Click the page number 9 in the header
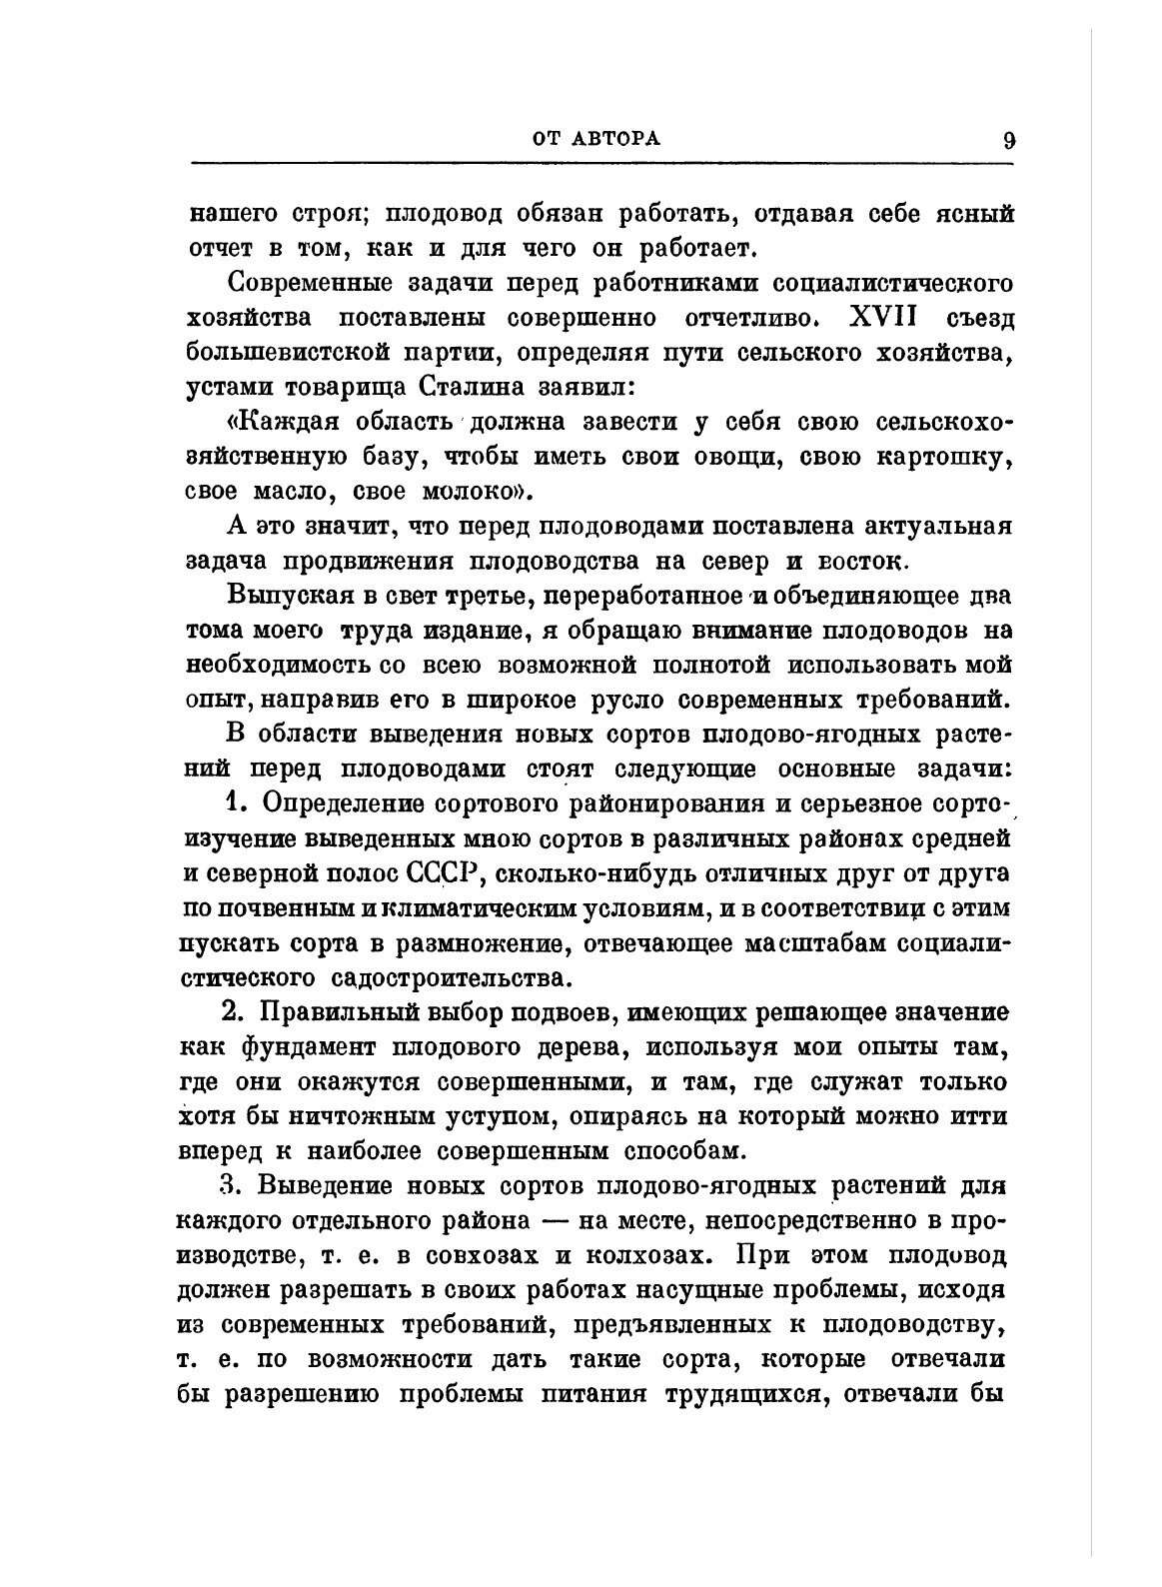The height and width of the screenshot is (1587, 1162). (x=1008, y=140)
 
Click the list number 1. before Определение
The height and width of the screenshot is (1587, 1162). (x=235, y=804)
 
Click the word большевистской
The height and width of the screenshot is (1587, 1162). (x=297, y=352)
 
